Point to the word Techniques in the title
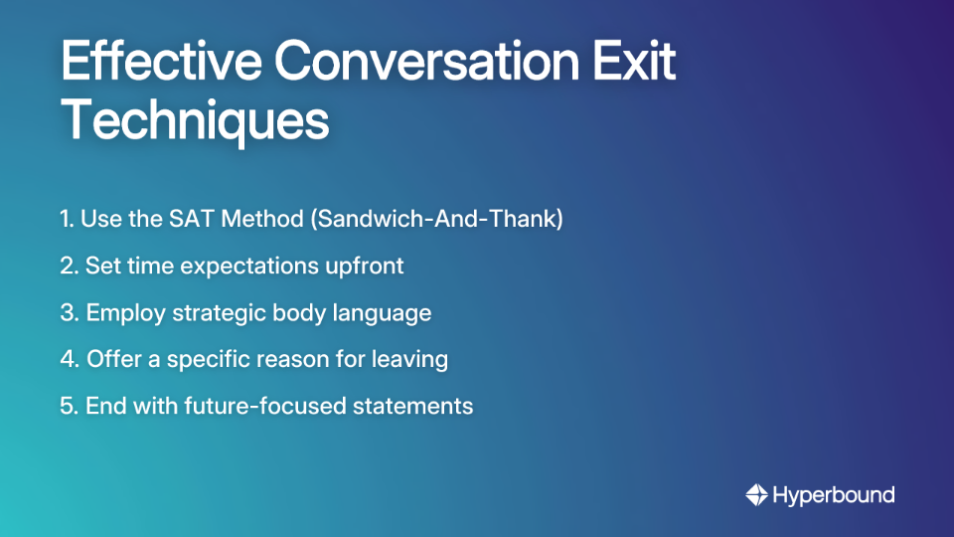click(195, 121)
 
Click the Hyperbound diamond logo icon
click(756, 494)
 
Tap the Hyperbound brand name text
click(834, 494)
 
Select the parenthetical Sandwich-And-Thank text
click(437, 220)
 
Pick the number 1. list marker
click(68, 220)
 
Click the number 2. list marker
click(69, 267)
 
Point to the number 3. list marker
click(69, 313)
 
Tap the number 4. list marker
click(70, 359)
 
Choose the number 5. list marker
click(69, 406)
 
